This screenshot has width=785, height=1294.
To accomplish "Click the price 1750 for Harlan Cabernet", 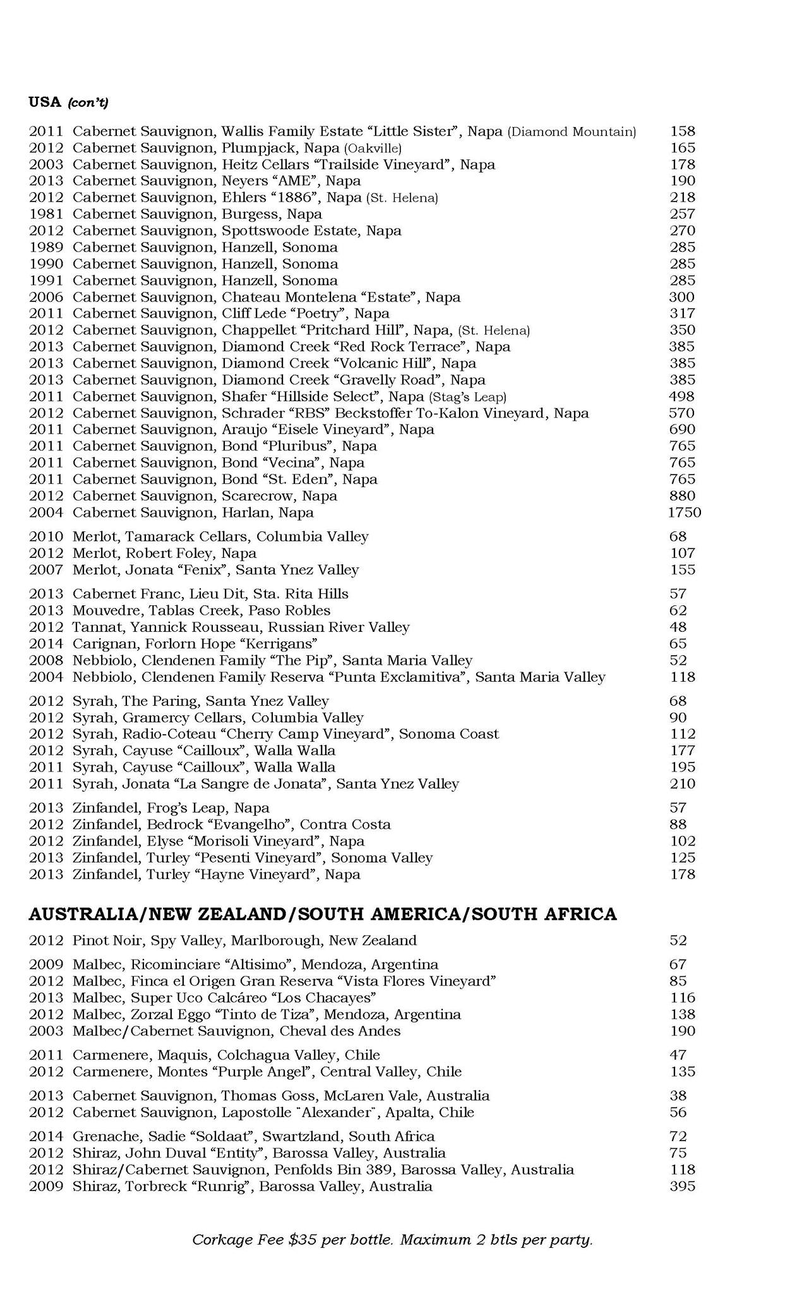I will coord(684,512).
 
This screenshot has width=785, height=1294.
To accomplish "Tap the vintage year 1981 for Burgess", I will coord(46,214).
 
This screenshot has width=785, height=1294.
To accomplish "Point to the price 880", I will coord(682,496).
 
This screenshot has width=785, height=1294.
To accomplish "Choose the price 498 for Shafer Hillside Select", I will coord(682,396).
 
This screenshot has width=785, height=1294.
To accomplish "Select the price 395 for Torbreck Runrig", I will coord(682,1186).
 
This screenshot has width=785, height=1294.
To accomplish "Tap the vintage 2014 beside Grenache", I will coord(46,1136).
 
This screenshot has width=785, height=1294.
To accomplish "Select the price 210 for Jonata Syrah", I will coord(682,784).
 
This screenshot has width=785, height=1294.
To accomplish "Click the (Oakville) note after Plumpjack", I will coord(373,148).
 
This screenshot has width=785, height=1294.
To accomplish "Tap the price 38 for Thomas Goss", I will coord(678,1096).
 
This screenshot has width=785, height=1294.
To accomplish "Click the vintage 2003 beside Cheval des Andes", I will coord(46,1031).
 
